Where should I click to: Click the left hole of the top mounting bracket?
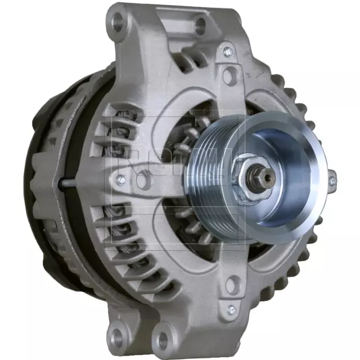point(119,23)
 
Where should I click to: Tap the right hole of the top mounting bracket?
point(200,24)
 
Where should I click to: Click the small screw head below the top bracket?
point(227,52)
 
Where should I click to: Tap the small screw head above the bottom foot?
point(230,309)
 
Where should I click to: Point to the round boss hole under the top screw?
point(229,74)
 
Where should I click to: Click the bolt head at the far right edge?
point(332,181)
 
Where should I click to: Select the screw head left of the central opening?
point(120,180)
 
